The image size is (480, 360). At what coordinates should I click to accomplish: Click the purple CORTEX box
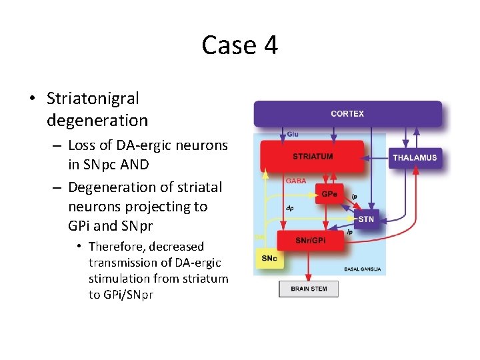tap(347, 114)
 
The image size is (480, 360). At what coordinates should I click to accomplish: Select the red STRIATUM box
tap(313, 157)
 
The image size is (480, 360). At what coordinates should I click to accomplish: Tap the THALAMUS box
tap(415, 158)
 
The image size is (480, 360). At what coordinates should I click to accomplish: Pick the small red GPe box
tap(329, 194)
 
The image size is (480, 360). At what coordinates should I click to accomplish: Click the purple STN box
tap(366, 219)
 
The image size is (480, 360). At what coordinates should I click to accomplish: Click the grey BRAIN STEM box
tap(308, 289)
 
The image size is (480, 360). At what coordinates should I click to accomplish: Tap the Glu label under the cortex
tap(292, 135)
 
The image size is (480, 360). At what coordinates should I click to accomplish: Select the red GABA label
tap(296, 181)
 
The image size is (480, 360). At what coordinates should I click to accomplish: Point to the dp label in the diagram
tap(290, 208)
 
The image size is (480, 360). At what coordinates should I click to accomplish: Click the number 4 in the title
tap(270, 45)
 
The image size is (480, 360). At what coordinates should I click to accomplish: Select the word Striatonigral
tap(93, 99)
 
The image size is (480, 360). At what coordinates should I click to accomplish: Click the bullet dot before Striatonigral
tap(31, 99)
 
